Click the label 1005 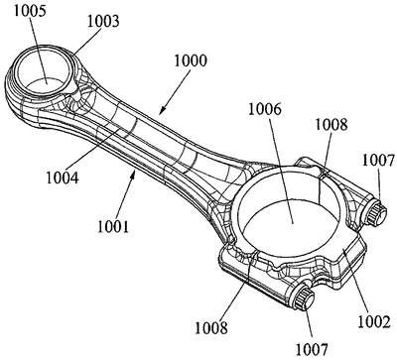click(30, 11)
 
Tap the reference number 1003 click(103, 21)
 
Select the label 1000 click(191, 60)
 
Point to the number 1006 click(265, 109)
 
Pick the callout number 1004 click(63, 178)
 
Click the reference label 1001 click(113, 227)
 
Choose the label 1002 click(374, 321)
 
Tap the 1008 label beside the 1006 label click(331, 124)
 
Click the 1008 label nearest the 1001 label click(211, 328)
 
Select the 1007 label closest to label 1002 click(312, 349)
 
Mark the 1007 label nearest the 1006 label click(379, 160)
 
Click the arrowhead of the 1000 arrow click(161, 112)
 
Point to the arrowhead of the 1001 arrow click(133, 173)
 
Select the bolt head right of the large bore click(376, 213)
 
